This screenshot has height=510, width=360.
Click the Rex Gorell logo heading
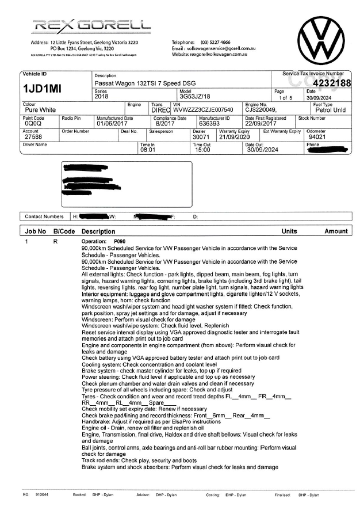92,26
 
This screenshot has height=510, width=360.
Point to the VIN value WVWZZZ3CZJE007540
203,109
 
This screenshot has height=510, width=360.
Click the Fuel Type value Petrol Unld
331,109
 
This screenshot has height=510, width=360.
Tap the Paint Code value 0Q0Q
34,123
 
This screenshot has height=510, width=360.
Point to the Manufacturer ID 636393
209,123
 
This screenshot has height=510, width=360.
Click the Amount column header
336,231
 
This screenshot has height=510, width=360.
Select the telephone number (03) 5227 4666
216,42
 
